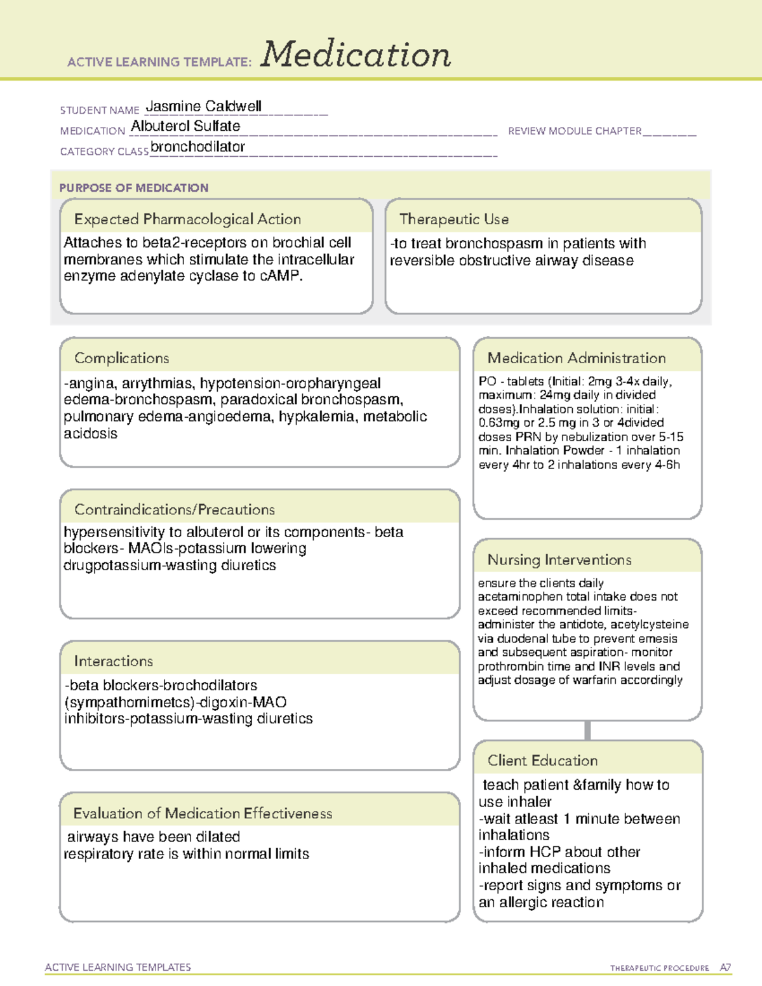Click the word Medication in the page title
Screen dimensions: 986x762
point(356,55)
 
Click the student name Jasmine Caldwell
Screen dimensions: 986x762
point(203,107)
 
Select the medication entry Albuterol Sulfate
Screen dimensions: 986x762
point(185,126)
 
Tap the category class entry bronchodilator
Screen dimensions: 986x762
point(197,147)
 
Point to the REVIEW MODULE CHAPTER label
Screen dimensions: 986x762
point(575,131)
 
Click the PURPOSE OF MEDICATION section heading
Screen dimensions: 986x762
point(134,188)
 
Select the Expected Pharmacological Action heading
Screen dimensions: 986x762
point(187,219)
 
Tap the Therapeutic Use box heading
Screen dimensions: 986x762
point(454,219)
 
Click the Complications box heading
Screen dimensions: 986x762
point(122,358)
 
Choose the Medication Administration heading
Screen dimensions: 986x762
point(577,358)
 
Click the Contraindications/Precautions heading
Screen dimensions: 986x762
point(175,509)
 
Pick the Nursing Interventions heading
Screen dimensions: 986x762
point(559,559)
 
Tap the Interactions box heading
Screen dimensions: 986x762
point(114,661)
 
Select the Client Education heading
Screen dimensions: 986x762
point(542,760)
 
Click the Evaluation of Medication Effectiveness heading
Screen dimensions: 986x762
point(203,813)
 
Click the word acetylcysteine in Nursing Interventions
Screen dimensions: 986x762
point(650,625)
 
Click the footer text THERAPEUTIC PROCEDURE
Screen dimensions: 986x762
point(659,968)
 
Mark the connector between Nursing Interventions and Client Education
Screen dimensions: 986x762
point(587,730)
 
